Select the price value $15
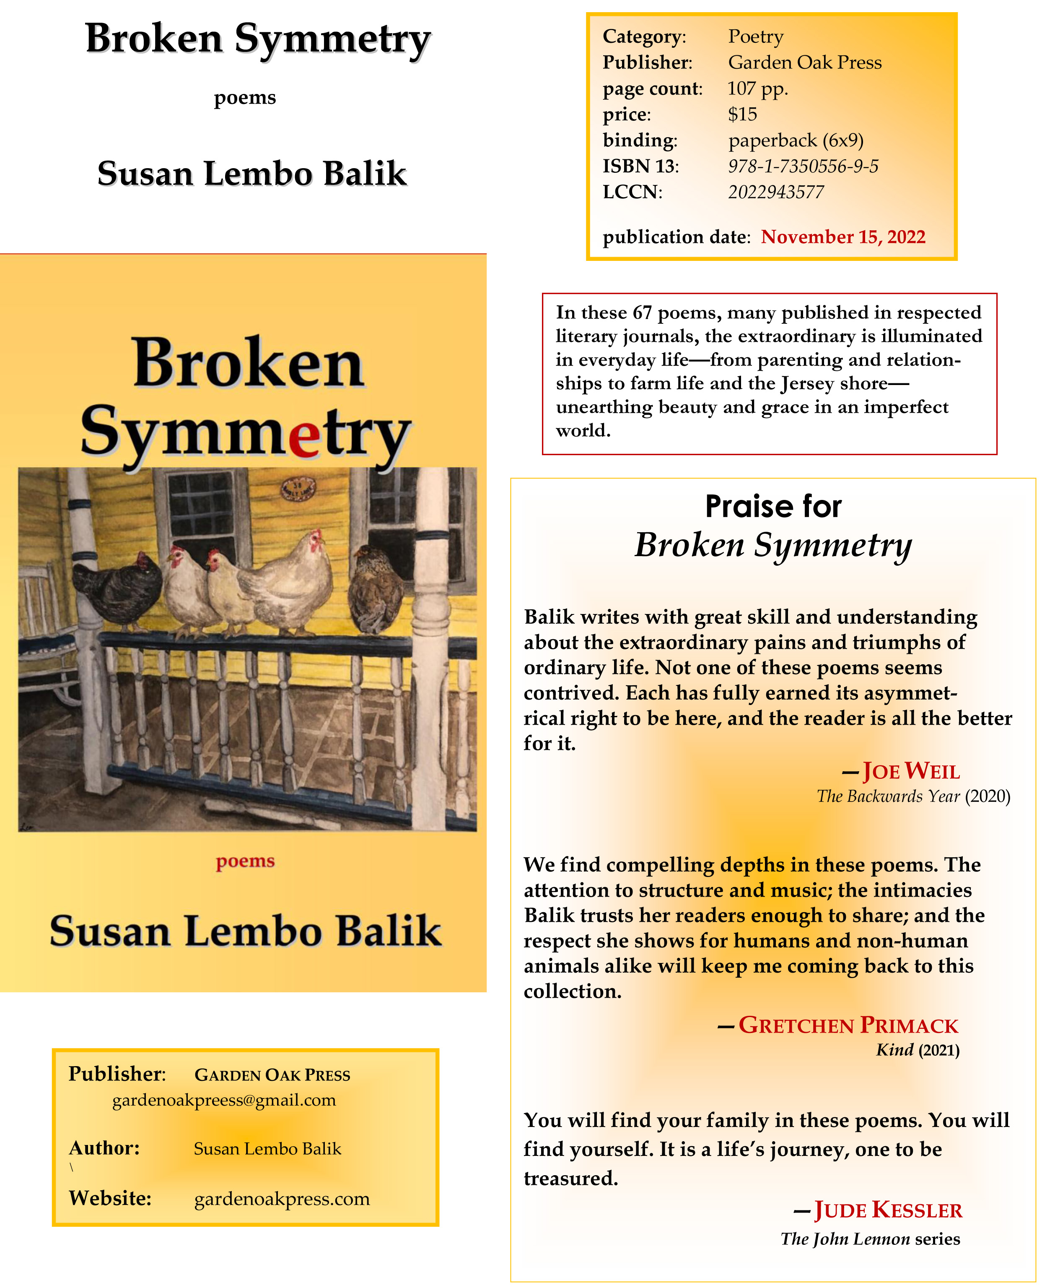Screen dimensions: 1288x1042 (x=742, y=114)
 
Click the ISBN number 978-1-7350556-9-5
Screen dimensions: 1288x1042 (x=803, y=167)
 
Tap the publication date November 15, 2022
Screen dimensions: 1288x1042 (x=843, y=237)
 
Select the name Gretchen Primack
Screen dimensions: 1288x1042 (x=848, y=1025)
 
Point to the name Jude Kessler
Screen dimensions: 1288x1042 (x=888, y=1210)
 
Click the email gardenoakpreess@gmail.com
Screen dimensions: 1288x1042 (x=224, y=1100)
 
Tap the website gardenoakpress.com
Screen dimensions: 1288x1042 (x=282, y=1199)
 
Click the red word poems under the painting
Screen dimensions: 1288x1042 (x=245, y=861)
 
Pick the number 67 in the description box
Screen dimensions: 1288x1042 (x=642, y=313)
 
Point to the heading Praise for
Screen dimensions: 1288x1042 (x=773, y=506)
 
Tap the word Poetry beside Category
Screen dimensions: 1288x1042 (x=756, y=36)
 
